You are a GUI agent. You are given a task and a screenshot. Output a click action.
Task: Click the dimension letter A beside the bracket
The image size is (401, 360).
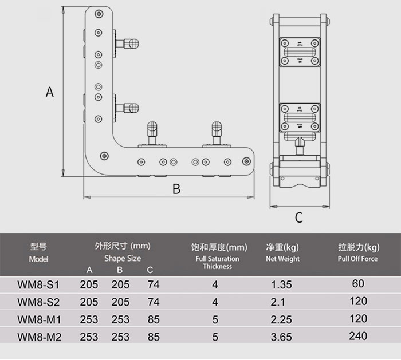pyautogui.click(x=50, y=92)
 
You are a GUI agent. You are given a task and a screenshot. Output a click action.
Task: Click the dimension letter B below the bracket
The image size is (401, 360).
pyautogui.click(x=176, y=189)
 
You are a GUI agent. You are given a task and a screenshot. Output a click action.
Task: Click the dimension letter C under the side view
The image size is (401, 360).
pyautogui.click(x=298, y=217)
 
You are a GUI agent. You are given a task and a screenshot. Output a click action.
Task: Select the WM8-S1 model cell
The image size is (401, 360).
pyautogui.click(x=38, y=284)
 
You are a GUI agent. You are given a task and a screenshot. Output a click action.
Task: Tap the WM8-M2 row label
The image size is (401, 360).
pyautogui.click(x=40, y=337)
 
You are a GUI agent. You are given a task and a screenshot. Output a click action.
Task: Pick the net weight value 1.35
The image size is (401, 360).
pyautogui.click(x=281, y=284)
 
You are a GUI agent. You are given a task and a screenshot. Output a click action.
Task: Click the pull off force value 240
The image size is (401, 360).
pyautogui.click(x=358, y=336)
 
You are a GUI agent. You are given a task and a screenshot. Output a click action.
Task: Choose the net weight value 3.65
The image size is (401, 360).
pyautogui.click(x=281, y=337)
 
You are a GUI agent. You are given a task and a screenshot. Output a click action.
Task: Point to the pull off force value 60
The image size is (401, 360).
pyautogui.click(x=358, y=284)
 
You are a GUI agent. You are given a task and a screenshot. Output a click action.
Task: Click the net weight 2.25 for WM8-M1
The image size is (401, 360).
pyautogui.click(x=281, y=319)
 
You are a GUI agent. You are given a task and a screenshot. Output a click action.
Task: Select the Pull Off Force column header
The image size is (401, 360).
pyautogui.click(x=358, y=259)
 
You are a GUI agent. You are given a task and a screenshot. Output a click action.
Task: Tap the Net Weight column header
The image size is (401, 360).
pyautogui.click(x=282, y=259)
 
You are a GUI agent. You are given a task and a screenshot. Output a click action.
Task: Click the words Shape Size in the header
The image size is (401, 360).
pyautogui.click(x=123, y=258)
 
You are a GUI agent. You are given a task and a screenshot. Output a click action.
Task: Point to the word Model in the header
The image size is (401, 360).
pyautogui.click(x=38, y=259)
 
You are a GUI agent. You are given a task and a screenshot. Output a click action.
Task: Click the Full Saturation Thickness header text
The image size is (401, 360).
pyautogui.click(x=217, y=263)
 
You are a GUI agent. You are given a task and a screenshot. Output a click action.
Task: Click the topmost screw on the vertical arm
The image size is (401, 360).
pyautogui.click(x=99, y=14)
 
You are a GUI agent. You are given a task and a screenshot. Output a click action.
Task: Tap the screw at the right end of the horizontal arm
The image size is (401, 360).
pyautogui.click(x=246, y=161)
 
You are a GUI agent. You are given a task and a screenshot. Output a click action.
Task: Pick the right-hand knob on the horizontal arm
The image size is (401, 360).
pyautogui.click(x=217, y=132)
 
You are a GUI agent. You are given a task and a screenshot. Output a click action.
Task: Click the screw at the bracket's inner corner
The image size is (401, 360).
pyautogui.click(x=104, y=156)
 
